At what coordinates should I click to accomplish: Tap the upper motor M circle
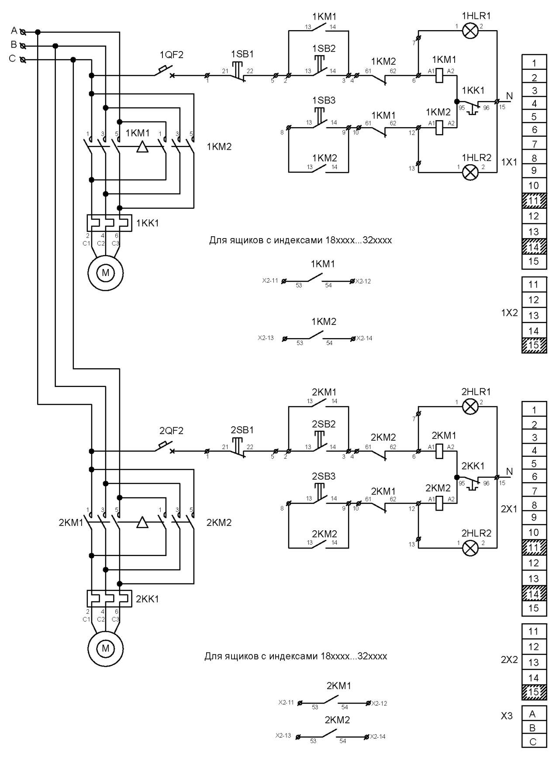click(105, 273)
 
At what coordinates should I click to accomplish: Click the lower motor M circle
click(105, 648)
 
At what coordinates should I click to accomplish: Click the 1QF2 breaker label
click(172, 55)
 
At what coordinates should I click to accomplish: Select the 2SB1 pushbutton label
click(242, 430)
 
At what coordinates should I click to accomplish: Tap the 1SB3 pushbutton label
click(324, 100)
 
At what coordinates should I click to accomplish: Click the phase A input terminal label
click(14, 31)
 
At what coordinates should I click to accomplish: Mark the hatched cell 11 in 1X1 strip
click(534, 200)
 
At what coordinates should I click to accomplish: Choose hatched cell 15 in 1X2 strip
click(534, 345)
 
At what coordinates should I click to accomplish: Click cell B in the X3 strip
click(534, 728)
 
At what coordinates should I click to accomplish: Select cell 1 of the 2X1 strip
click(534, 410)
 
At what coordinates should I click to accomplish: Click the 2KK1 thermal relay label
click(147, 599)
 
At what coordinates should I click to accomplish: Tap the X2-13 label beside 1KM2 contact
click(266, 338)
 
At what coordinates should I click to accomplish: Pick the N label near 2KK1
click(509, 472)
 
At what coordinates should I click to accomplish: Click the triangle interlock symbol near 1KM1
click(142, 147)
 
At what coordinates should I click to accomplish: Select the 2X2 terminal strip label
click(509, 660)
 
